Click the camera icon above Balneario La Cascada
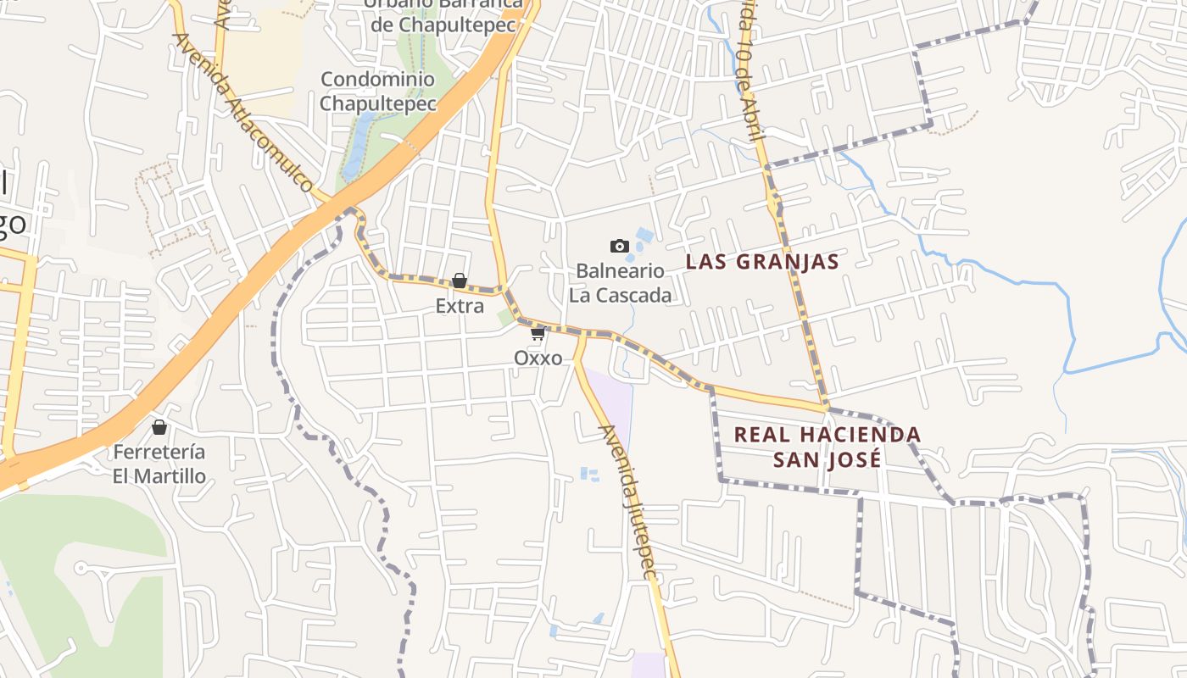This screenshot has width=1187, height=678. coord(620,246)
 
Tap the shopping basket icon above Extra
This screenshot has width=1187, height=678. coord(460,281)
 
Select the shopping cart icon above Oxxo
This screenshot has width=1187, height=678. coord(538,334)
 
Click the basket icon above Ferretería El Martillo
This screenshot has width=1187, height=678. coord(159,427)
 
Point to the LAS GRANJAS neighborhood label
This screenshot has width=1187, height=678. coord(762,262)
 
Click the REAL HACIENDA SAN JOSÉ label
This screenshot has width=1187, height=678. coord(827,447)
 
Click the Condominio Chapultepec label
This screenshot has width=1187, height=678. coord(378,92)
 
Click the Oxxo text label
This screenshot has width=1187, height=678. coord(538,358)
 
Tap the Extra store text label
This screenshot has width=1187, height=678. coord(460,306)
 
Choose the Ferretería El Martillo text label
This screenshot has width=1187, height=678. coord(159,464)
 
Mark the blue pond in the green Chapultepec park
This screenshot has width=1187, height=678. coord(358,136)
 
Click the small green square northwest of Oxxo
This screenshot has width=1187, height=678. coord(506,317)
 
